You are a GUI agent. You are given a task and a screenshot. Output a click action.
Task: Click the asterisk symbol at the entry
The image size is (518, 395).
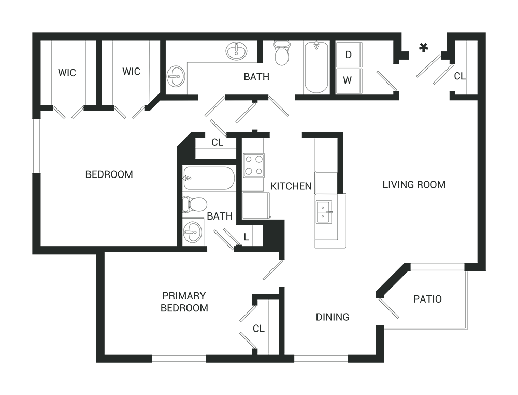(x=423, y=48)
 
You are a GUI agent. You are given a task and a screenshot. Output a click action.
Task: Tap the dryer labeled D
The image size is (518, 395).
(x=349, y=55)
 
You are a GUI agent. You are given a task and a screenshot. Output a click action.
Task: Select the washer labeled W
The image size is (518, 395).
(x=349, y=81)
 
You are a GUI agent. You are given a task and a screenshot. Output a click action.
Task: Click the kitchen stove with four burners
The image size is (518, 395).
(x=254, y=165)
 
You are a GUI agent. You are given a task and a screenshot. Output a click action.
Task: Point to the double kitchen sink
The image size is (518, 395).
(x=324, y=212)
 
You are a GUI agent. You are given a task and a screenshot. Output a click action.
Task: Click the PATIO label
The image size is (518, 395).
(x=427, y=299)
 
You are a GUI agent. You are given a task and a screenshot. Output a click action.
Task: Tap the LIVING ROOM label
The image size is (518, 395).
(x=414, y=184)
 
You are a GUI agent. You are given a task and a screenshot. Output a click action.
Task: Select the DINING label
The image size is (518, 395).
(x=333, y=317)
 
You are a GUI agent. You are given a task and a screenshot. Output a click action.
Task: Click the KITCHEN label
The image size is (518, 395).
(x=291, y=186)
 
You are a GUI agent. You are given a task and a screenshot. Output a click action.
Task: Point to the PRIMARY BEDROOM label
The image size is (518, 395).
(x=184, y=302)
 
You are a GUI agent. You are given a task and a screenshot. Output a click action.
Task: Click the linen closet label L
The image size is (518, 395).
(x=247, y=237)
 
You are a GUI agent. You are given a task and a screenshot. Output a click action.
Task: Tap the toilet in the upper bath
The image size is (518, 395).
(x=282, y=53)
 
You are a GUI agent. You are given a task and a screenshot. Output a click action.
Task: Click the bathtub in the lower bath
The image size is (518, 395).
(x=209, y=178)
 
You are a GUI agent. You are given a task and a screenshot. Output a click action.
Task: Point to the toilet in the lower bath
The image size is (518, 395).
(x=195, y=205)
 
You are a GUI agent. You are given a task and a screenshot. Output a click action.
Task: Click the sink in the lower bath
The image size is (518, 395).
(x=193, y=231)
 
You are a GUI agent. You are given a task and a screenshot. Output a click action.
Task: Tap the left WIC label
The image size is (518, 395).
(x=67, y=73)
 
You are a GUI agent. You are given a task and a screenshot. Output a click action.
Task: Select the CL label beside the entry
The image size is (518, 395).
(x=460, y=76)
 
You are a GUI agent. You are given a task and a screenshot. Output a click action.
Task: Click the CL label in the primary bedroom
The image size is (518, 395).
(x=258, y=329)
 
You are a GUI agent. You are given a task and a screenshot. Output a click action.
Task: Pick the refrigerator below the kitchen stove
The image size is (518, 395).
(x=256, y=205)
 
